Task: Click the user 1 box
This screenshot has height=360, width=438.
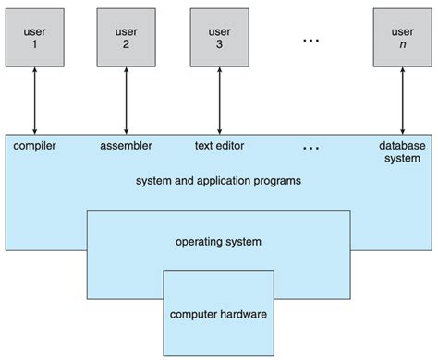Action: (x=35, y=36)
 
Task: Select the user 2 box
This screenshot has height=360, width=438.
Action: (x=127, y=36)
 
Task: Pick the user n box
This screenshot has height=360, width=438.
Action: (x=402, y=36)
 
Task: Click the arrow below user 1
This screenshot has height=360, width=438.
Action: (x=35, y=101)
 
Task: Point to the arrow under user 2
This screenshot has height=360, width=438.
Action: (x=127, y=101)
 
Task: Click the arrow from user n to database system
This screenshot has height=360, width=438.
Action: (x=402, y=101)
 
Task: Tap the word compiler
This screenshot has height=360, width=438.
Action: (x=36, y=146)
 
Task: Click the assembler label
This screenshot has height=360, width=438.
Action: (x=126, y=146)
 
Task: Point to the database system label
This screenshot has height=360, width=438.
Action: (x=402, y=151)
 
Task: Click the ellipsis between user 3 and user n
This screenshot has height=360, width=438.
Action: (x=310, y=41)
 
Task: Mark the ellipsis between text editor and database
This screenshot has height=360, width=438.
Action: (x=310, y=148)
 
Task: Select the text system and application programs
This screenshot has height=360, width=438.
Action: (x=219, y=181)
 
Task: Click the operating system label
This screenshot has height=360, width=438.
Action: (x=218, y=242)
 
